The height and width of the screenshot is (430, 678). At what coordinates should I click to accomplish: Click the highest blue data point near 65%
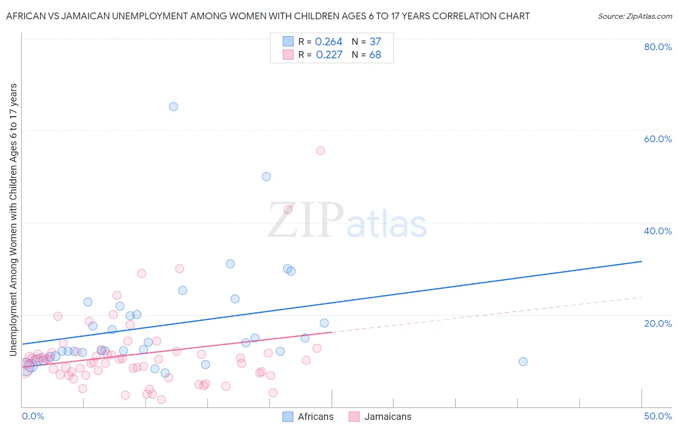174,107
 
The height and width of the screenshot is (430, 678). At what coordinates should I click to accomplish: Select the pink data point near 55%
321,150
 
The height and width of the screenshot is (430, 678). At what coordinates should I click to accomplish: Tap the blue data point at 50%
266,176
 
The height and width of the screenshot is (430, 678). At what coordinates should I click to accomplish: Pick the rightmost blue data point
523,362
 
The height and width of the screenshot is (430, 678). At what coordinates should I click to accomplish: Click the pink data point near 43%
288,209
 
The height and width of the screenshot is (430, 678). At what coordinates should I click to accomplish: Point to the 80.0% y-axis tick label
658,47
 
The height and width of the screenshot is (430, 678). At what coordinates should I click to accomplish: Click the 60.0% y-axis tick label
658,139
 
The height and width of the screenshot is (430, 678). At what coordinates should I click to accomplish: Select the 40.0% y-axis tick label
658,231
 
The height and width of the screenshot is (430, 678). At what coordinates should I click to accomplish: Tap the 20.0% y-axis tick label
658,323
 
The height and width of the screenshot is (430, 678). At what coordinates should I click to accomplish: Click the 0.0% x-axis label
33,416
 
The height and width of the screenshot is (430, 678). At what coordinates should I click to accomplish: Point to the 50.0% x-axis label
658,416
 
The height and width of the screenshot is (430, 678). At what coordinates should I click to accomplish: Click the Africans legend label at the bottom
315,417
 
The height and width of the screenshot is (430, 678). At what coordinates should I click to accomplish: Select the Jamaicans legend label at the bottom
388,417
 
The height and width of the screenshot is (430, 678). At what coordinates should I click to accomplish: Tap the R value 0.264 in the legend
328,42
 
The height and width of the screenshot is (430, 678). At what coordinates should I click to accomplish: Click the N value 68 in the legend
375,55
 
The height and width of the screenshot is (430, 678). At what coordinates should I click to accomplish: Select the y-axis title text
14,219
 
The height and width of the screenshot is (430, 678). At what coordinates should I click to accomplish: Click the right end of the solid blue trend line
641,261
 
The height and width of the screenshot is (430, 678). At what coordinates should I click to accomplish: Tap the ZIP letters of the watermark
306,220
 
